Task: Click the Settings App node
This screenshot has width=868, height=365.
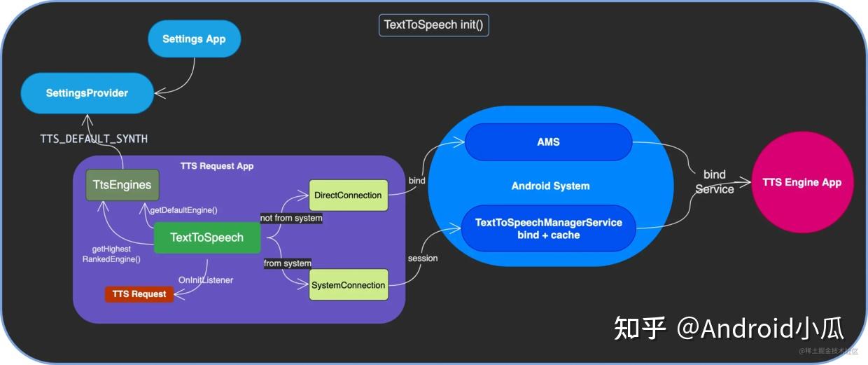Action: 194,39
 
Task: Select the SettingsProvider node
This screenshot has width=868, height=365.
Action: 87,93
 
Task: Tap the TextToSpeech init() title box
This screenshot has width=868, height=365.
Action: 434,25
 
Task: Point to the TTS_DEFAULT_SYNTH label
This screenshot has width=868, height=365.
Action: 94,139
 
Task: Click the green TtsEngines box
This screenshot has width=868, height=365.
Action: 122,185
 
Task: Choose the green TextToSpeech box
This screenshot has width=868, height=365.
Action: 206,237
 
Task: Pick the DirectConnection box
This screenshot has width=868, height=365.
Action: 348,195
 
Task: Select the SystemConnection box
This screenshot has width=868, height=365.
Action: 348,285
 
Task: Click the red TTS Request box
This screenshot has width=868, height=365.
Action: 139,294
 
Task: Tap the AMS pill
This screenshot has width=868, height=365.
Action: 548,142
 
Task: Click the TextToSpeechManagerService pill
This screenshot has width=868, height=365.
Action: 548,228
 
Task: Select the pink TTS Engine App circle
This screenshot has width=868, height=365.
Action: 801,183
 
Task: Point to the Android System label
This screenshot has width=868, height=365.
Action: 550,186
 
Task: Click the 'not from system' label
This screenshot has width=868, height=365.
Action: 291,218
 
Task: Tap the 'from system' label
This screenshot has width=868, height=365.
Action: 287,263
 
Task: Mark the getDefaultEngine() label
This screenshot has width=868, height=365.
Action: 183,210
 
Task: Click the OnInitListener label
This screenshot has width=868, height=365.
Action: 206,280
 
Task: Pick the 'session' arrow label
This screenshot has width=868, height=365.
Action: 422,259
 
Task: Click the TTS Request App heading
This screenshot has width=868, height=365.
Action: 217,166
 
